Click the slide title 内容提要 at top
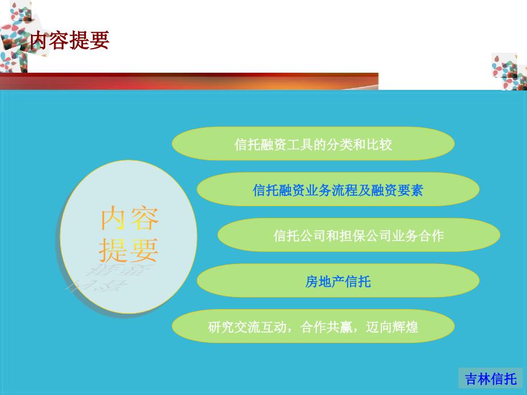tap(70, 40)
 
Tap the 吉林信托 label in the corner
tap(491, 379)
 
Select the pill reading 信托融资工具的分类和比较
tap(313, 144)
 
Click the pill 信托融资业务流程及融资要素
tap(338, 189)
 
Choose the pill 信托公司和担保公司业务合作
tap(359, 235)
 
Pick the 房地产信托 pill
tap(338, 281)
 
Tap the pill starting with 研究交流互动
tap(313, 326)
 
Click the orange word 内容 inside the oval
tap(129, 218)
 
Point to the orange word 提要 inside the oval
tap(128, 250)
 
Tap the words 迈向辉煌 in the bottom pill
tap(392, 327)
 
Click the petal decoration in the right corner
tap(509, 71)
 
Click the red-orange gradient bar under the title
tap(189, 81)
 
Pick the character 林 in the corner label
tap(484, 379)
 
